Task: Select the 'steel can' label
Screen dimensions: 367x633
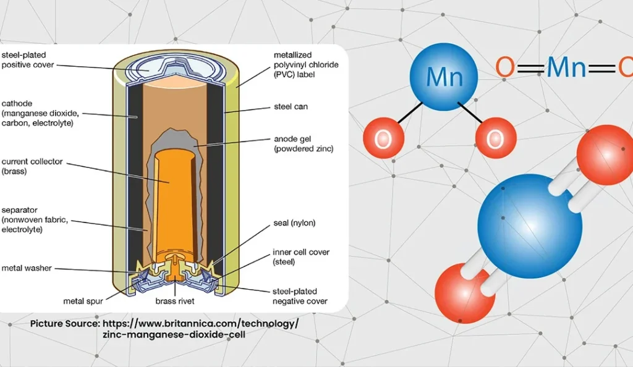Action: tap(291, 107)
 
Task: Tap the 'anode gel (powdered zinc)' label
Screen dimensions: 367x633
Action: tap(303, 144)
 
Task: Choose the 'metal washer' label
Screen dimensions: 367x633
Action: tap(26, 268)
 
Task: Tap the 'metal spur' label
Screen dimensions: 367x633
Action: tap(83, 302)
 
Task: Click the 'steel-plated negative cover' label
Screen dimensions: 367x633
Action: tap(300, 296)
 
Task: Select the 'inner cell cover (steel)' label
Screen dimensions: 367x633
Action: tap(301, 257)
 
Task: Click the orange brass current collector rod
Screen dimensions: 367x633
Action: tap(169, 198)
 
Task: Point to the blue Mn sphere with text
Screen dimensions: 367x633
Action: tap(444, 76)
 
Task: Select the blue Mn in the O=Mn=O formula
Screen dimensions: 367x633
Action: tap(566, 67)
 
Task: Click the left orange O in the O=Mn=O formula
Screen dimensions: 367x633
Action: tap(504, 67)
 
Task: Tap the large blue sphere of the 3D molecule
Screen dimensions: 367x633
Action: tap(530, 226)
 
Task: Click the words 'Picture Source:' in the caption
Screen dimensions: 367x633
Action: tap(65, 323)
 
